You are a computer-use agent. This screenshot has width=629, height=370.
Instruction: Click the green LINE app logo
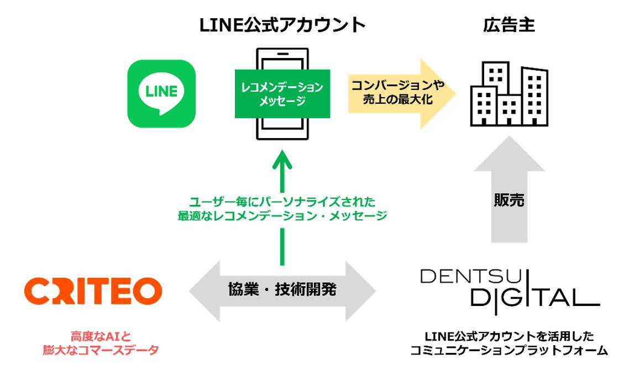point(161,94)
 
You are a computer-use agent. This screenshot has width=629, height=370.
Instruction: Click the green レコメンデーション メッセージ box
point(283,94)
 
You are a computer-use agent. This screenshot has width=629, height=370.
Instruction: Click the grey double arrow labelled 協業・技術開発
point(282,290)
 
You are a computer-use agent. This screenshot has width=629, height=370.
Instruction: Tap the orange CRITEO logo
point(93,291)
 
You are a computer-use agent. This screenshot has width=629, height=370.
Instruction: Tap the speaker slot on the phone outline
point(282,54)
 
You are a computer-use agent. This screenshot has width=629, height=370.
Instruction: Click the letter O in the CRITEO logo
point(149,291)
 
